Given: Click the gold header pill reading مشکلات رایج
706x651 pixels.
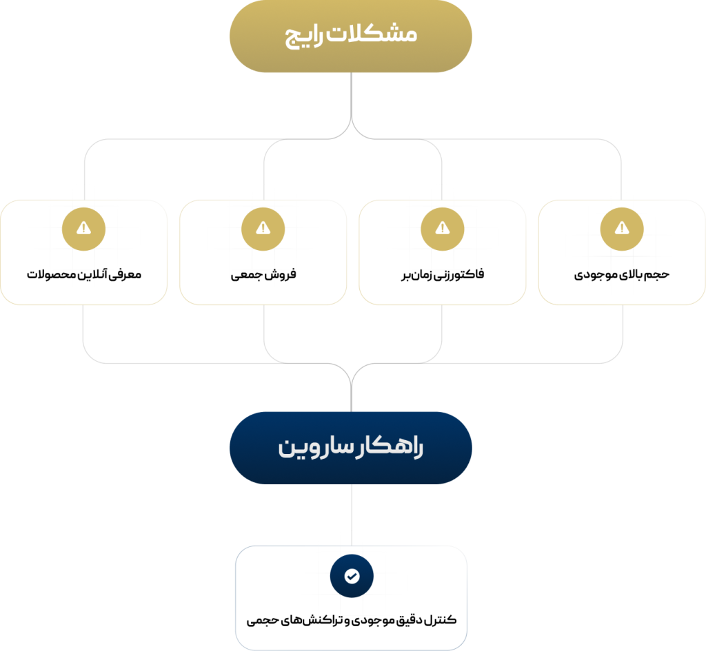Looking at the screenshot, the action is [x=351, y=36].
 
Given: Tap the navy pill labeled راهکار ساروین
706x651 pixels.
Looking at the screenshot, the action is [x=351, y=448].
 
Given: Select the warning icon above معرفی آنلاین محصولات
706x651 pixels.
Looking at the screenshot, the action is [x=83, y=229].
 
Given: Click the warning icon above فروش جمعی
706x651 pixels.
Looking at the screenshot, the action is [x=263, y=229].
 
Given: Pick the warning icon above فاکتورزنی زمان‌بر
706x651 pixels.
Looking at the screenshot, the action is [x=443, y=229].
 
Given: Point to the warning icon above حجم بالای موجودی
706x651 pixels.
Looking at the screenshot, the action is [x=622, y=229].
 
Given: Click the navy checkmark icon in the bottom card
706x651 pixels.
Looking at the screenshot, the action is [x=352, y=576].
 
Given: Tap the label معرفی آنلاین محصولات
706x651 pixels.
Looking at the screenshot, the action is [x=83, y=274].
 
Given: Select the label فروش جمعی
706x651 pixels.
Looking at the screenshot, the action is [x=263, y=274].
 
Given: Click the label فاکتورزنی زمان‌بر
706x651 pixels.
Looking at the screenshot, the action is [x=443, y=274].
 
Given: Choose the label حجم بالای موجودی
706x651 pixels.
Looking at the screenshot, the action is [x=622, y=274].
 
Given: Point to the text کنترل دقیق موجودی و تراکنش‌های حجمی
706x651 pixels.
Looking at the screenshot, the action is [x=351, y=621].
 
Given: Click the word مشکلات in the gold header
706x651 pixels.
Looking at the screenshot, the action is [x=372, y=34].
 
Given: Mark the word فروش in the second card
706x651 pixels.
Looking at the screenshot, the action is [x=281, y=274].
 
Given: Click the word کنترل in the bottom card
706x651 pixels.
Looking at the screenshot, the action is [x=440, y=620].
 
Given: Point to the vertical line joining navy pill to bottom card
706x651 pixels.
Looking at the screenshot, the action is [x=352, y=515].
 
